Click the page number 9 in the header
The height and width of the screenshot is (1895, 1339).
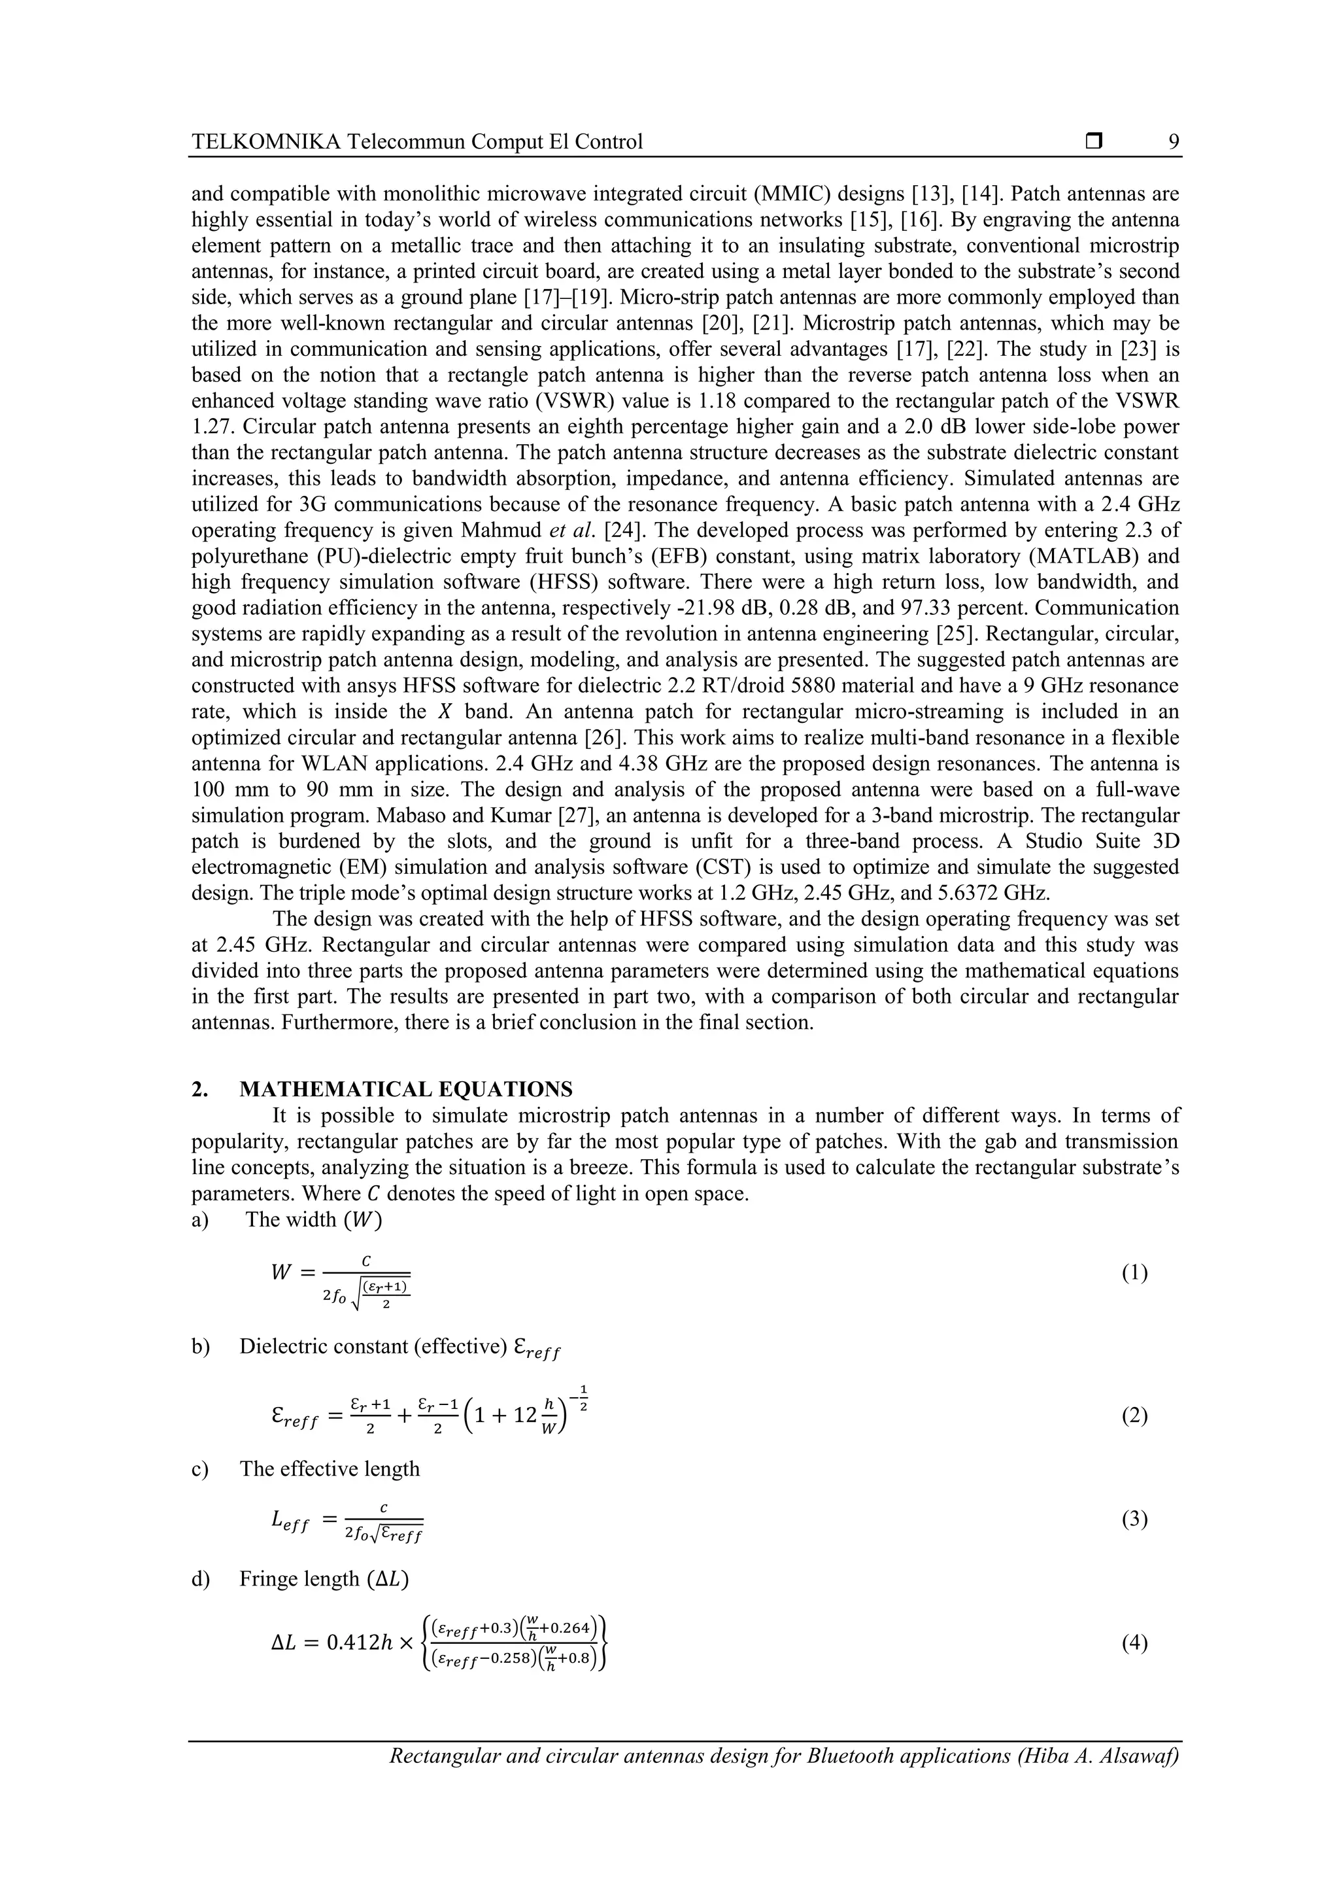pos(1173,142)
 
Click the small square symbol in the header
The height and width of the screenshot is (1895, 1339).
pos(1094,142)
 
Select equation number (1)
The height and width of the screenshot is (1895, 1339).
pos(1134,1274)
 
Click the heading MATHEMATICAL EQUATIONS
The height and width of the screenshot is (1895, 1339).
pos(405,1090)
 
